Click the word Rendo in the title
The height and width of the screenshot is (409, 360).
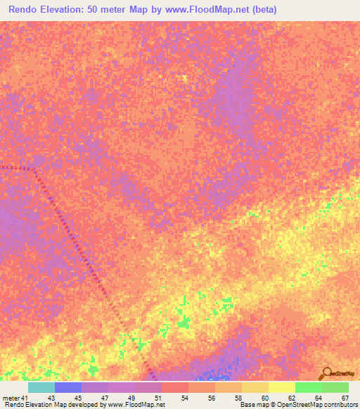point(26,10)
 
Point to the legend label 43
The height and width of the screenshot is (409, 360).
point(51,398)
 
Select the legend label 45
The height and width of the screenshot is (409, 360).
point(78,398)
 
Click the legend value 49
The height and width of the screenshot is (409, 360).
point(131,398)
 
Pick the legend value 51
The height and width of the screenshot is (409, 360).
point(158,398)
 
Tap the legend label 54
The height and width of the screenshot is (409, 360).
point(185,398)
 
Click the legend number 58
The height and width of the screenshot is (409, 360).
point(238,398)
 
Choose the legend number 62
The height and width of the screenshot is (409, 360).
point(292,398)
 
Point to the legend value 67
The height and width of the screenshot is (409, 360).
point(345,398)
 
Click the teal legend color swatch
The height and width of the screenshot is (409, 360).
point(41,387)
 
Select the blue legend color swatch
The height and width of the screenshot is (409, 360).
point(68,387)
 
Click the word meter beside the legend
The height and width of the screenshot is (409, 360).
point(12,398)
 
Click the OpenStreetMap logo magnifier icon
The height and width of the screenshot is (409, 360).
point(326,374)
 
